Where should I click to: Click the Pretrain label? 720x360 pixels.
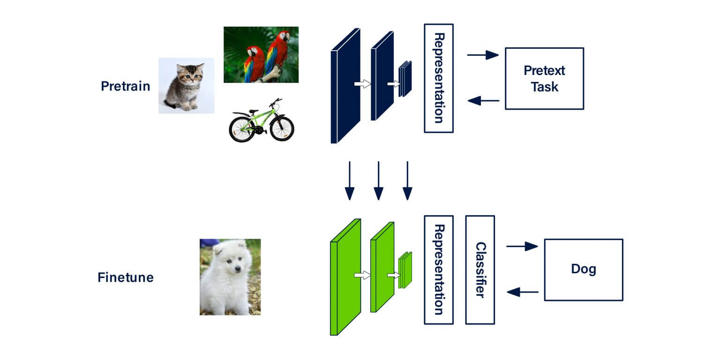[x=125, y=86]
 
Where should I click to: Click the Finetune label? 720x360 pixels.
[x=125, y=277]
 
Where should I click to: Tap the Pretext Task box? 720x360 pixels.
[x=544, y=79]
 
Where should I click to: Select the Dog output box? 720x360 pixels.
[x=583, y=270]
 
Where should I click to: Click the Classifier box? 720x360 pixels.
[x=480, y=270]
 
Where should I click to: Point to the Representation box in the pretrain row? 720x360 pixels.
[x=439, y=78]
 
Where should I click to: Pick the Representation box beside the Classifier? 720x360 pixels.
[x=439, y=270]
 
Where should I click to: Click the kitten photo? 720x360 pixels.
[x=186, y=86]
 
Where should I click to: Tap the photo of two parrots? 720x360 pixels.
[x=261, y=54]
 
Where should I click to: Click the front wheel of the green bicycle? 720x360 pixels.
[x=282, y=128]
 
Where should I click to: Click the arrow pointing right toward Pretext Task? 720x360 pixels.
[x=483, y=55]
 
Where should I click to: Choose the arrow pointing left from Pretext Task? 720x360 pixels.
[x=483, y=100]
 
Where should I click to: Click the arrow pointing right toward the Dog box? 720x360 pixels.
[x=522, y=247]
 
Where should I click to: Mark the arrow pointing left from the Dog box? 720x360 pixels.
[x=523, y=292]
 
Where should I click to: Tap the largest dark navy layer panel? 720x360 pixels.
[x=345, y=86]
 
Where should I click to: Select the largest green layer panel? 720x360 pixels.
[x=345, y=277]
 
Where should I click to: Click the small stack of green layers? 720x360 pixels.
[x=405, y=270]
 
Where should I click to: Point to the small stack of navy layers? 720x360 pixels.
[x=405, y=79]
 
